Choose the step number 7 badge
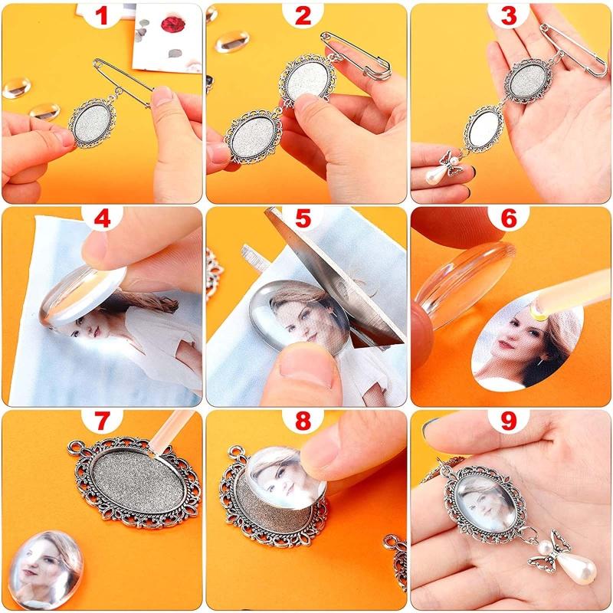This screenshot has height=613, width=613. pyautogui.click(x=102, y=423)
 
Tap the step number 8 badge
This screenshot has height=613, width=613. pyautogui.click(x=306, y=423)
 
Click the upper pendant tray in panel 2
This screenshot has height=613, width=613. pyautogui.click(x=307, y=80)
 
